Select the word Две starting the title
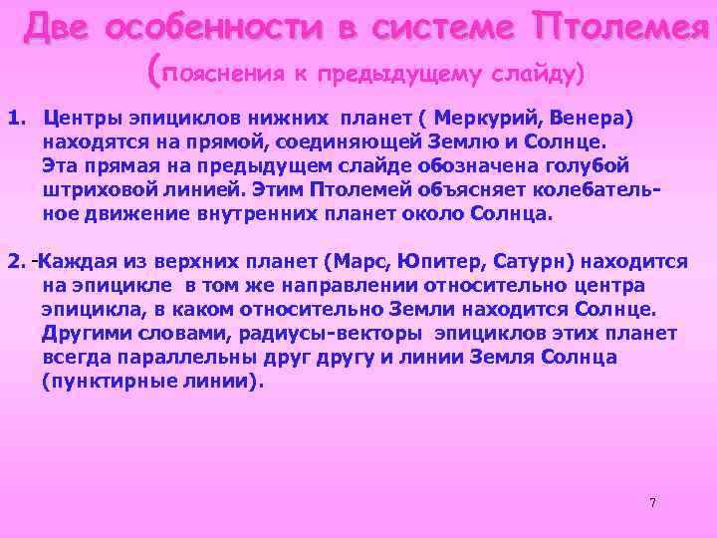(58, 27)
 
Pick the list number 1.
(15, 118)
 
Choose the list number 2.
(15, 262)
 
